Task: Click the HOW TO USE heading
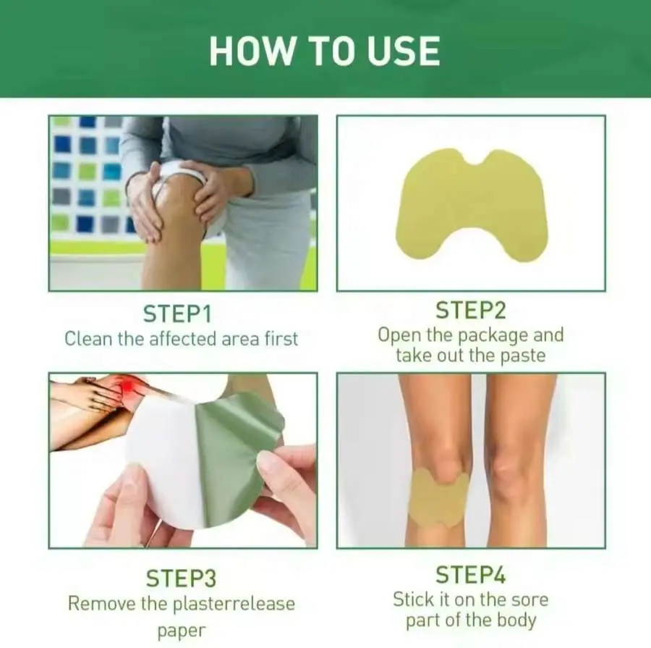324,51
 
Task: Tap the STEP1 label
177,314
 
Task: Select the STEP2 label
471,310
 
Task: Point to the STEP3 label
182,578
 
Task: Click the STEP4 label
471,575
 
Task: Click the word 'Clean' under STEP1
88,339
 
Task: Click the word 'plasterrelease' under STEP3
234,605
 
